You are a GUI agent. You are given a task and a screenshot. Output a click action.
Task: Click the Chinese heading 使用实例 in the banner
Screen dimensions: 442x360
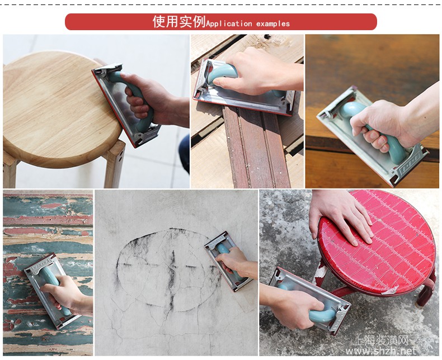coord(179,22)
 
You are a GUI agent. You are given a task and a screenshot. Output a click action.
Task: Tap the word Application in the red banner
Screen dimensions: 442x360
coord(229,23)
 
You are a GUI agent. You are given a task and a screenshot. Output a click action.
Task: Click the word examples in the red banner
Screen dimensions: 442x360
coord(273,23)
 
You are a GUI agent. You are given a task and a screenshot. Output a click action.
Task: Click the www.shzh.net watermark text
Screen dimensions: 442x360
coord(381,350)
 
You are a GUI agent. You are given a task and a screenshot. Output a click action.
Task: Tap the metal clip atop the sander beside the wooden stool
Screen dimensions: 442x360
coord(109,69)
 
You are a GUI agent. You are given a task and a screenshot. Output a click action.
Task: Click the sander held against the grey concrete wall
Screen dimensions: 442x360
coord(228,261)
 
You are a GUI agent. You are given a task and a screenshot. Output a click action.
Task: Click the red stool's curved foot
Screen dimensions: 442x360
coord(425,293)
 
